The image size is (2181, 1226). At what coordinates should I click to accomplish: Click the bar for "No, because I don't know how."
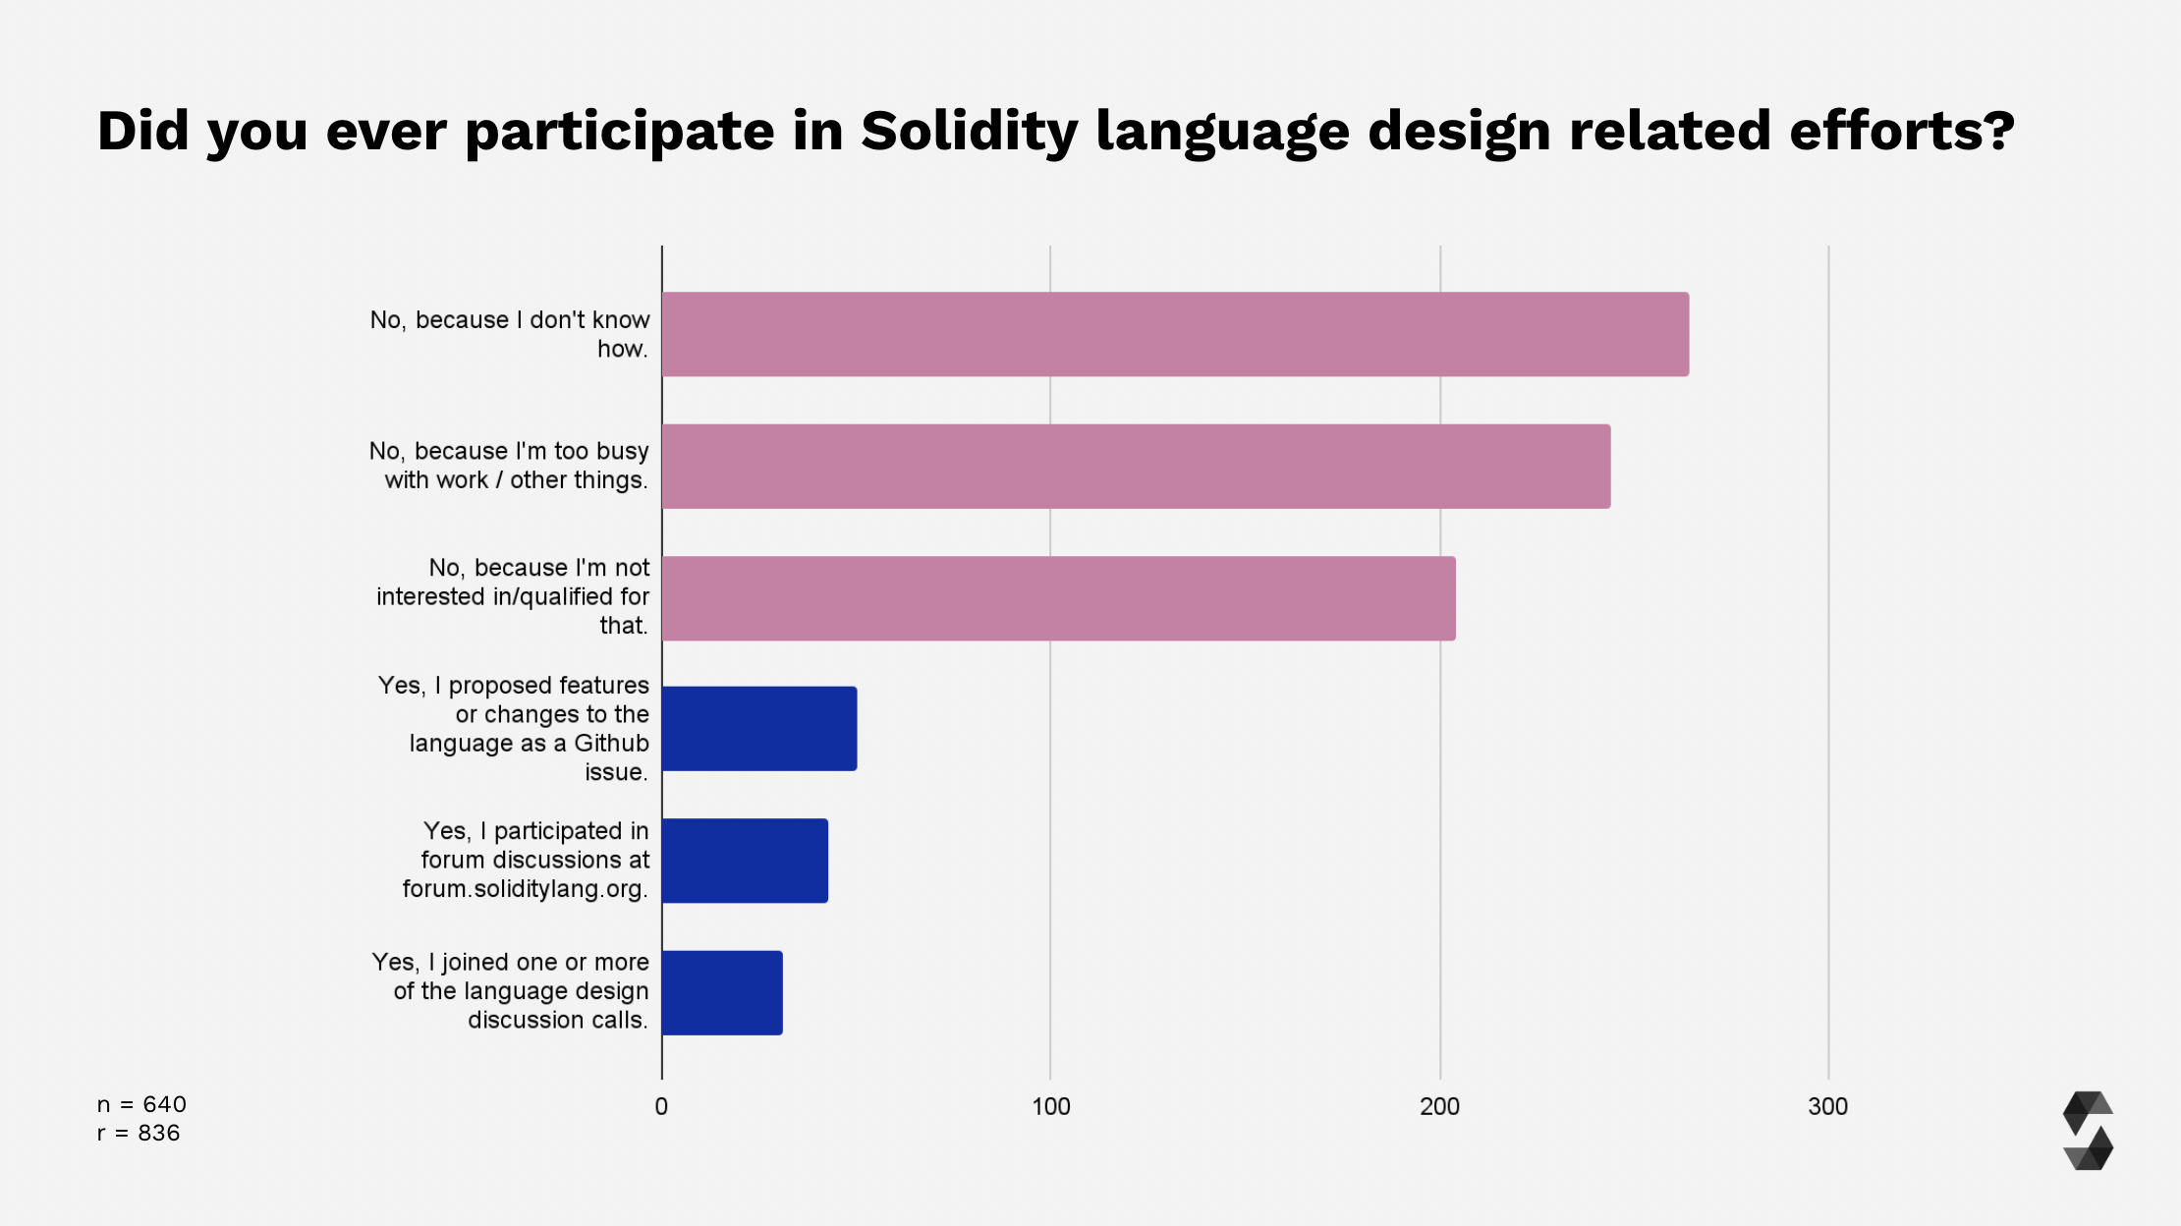click(x=1175, y=334)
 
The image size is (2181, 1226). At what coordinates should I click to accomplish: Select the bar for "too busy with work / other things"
click(x=1136, y=466)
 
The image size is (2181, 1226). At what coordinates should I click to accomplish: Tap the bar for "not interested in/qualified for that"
click(x=1058, y=598)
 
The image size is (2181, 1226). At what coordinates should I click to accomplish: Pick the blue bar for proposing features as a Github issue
click(x=758, y=729)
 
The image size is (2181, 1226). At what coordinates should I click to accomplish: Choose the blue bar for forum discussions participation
click(x=745, y=861)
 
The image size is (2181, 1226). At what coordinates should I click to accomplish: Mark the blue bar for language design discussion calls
click(x=722, y=992)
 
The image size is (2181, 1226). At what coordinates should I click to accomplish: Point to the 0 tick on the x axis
click(x=661, y=1107)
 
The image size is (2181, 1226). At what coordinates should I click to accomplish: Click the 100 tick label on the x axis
click(x=1050, y=1107)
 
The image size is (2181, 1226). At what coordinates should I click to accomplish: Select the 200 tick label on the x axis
click(x=1439, y=1107)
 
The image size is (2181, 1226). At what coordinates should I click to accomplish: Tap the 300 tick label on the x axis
click(x=1827, y=1107)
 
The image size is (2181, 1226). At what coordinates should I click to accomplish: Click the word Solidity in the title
click(x=970, y=132)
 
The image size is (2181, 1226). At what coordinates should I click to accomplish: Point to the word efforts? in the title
click(x=1901, y=132)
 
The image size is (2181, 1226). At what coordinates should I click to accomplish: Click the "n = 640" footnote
click(x=141, y=1104)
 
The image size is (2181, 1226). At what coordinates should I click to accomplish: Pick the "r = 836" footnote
click(x=139, y=1133)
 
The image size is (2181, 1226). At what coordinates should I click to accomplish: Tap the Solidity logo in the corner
click(x=2088, y=1131)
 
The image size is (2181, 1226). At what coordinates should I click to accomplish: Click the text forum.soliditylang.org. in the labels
click(x=525, y=889)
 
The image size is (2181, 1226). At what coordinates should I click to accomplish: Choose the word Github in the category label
click(x=611, y=744)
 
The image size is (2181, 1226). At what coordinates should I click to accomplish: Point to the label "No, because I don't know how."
click(x=510, y=334)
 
